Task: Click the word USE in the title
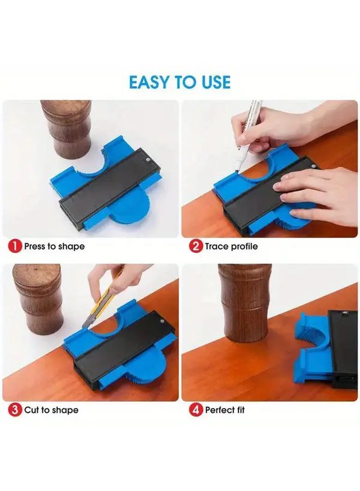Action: [213, 82]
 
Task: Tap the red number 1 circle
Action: [15, 246]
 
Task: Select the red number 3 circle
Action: [15, 410]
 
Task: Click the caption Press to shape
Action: [54, 247]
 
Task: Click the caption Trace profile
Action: [231, 247]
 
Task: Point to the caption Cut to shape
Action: [51, 410]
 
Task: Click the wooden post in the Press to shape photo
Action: [66, 128]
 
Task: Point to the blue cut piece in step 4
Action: [311, 349]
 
